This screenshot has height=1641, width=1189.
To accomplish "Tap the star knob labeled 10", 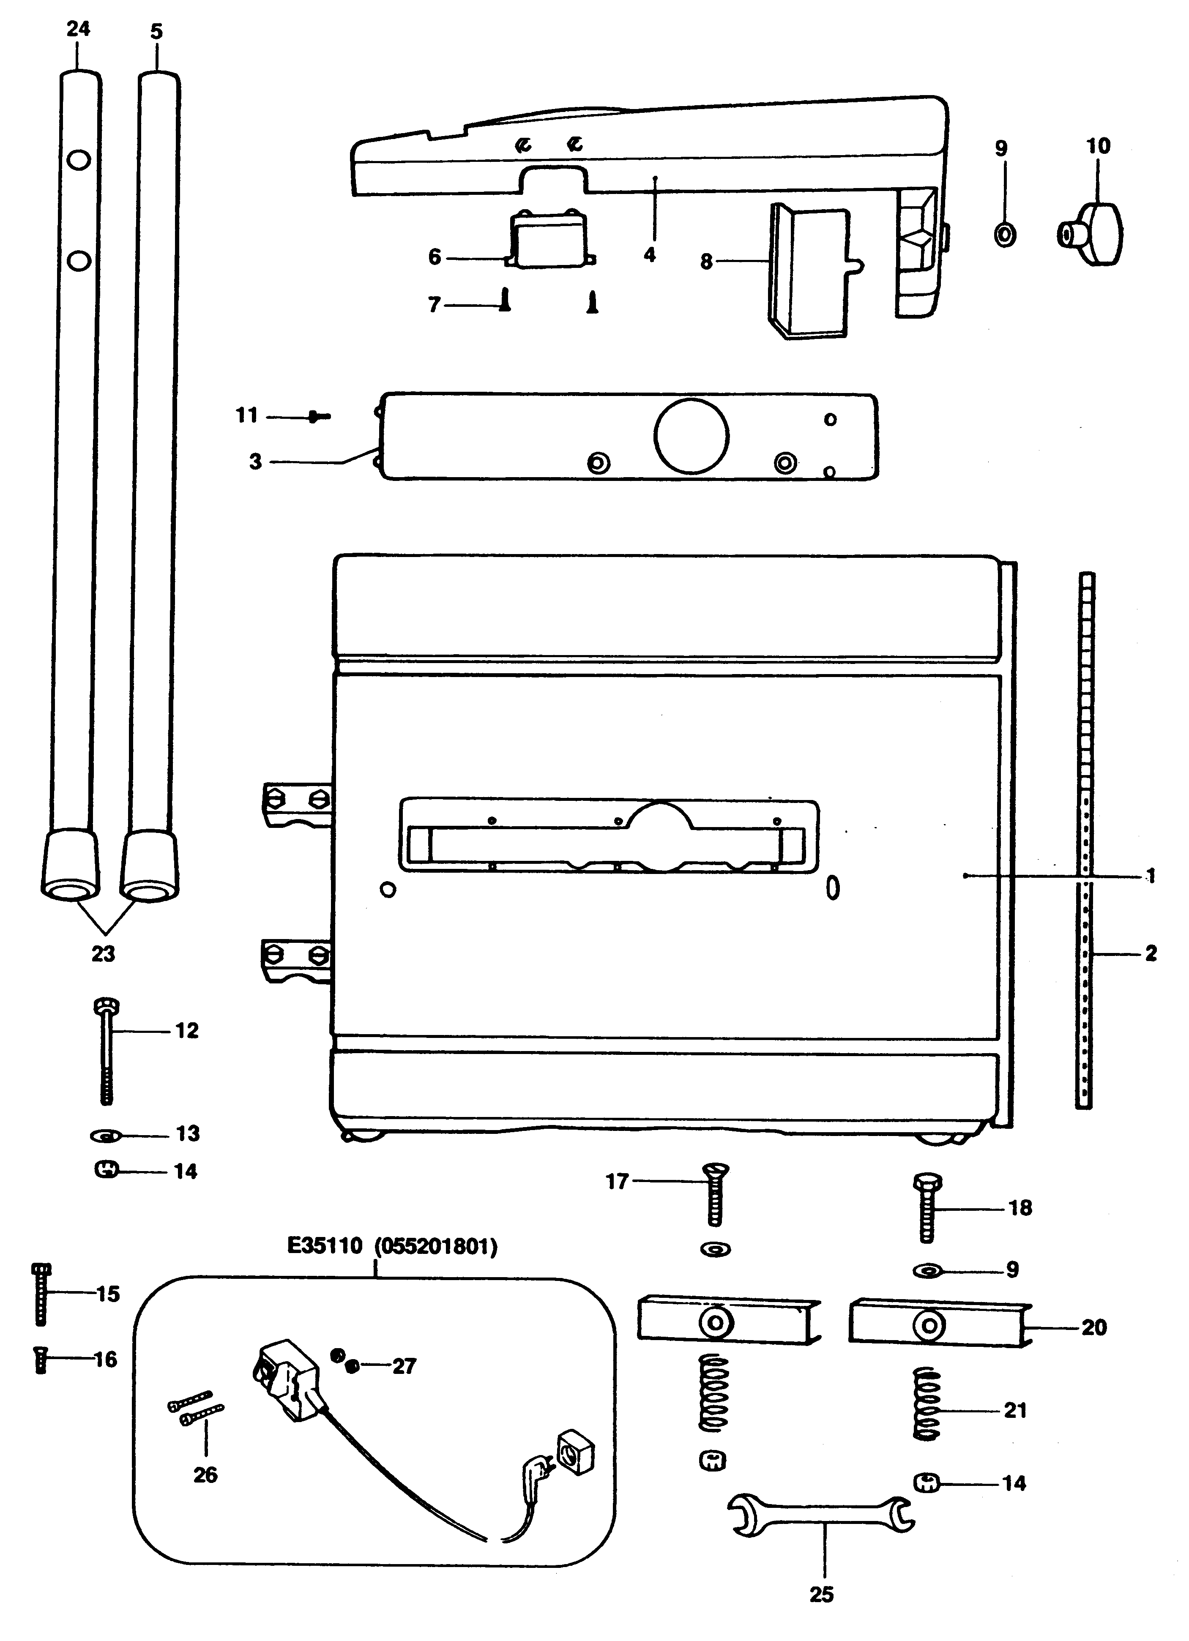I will (1093, 235).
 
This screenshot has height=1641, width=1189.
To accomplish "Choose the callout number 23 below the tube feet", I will (103, 954).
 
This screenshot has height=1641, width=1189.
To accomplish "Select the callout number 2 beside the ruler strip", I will (1151, 954).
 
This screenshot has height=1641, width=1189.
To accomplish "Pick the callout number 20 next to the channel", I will (1093, 1328).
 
